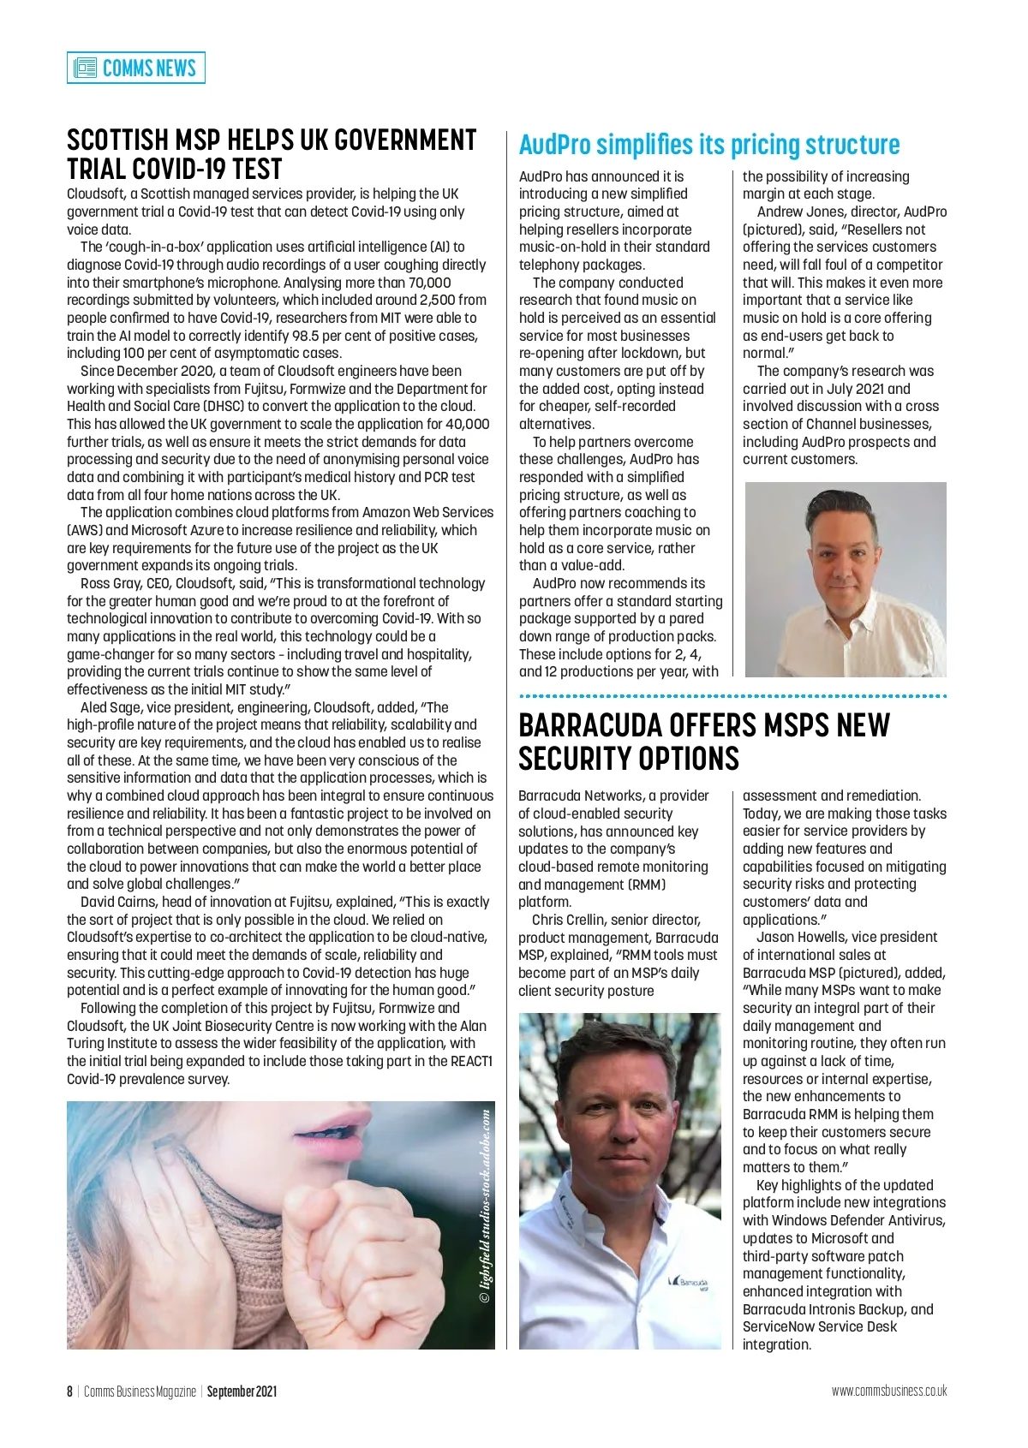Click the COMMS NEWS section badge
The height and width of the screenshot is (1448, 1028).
[136, 68]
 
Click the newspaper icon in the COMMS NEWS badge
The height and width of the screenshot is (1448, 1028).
[85, 68]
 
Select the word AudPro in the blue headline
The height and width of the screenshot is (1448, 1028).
[554, 145]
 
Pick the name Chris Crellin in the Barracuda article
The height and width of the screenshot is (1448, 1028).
[572, 921]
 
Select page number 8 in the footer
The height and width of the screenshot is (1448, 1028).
[70, 1391]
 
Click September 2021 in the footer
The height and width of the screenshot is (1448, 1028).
[242, 1391]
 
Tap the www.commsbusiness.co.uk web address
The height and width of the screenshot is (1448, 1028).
[888, 1391]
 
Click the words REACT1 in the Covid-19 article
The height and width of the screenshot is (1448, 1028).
[470, 1062]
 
